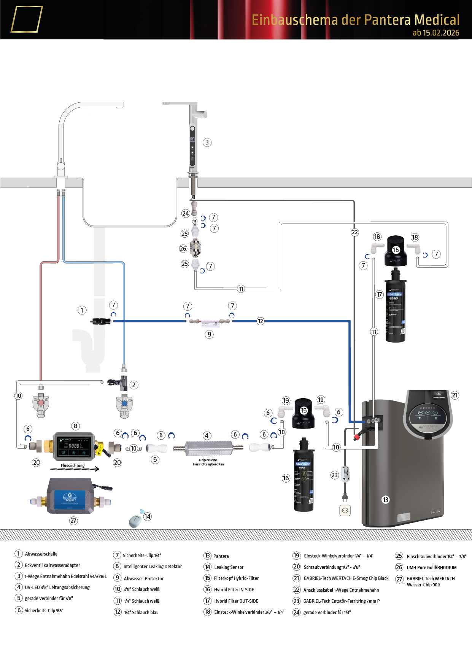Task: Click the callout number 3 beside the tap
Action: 207,142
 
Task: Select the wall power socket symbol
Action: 345,510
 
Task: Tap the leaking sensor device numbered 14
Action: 135,521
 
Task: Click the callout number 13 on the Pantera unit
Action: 386,500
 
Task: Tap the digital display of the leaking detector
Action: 74,446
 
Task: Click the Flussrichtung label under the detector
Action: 73,465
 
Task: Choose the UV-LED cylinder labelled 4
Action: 208,448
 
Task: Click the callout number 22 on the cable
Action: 354,232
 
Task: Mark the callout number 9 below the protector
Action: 209,334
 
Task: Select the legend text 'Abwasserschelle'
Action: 41,554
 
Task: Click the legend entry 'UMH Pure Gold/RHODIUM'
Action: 432,567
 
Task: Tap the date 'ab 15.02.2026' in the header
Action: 436,33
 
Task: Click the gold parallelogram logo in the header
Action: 26,19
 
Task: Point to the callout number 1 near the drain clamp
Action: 82,310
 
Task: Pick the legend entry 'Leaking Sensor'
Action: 229,567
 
